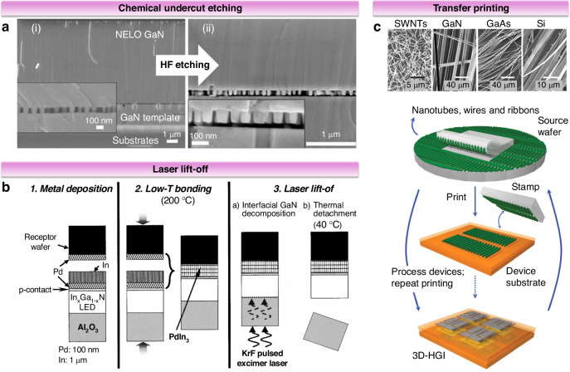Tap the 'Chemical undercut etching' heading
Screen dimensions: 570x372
click(180, 8)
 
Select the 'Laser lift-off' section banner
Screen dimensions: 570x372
click(180, 169)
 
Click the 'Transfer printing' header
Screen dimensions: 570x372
click(470, 8)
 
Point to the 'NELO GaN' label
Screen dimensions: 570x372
click(139, 35)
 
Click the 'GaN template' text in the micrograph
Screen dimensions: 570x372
click(150, 117)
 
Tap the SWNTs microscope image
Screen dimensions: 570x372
click(409, 60)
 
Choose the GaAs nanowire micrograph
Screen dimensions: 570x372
click(499, 60)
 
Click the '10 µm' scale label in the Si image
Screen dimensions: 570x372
click(548, 85)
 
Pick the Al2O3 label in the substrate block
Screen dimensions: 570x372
click(88, 328)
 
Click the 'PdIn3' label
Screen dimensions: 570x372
click(179, 337)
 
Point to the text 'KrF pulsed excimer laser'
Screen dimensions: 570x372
click(262, 358)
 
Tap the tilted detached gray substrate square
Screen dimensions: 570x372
click(326, 331)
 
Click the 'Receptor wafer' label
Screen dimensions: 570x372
click(40, 242)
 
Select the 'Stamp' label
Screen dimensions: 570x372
click(525, 187)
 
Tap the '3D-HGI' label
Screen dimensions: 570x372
click(429, 355)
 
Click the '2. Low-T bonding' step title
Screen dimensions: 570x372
click(173, 188)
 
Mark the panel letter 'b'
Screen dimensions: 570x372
click(6, 188)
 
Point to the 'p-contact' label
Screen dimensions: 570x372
click(35, 290)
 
